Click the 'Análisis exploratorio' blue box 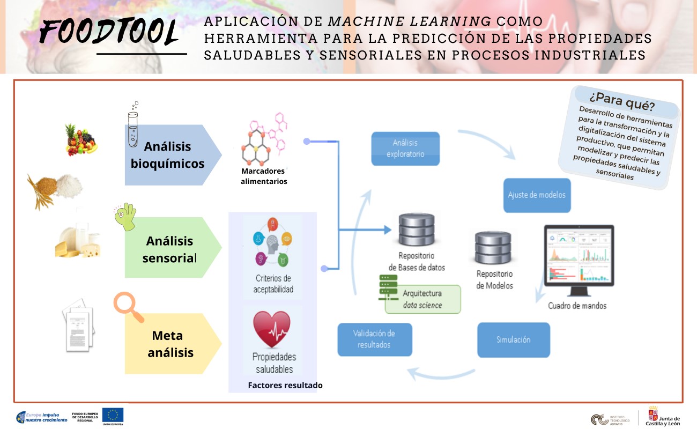(x=405, y=149)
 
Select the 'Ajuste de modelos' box (x=536, y=195)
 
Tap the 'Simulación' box (x=513, y=339)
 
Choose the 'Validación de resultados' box (x=374, y=339)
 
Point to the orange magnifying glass (x=128, y=306)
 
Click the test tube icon (x=132, y=125)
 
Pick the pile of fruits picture (x=80, y=139)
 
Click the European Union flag (x=113, y=415)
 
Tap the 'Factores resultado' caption (x=285, y=385)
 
